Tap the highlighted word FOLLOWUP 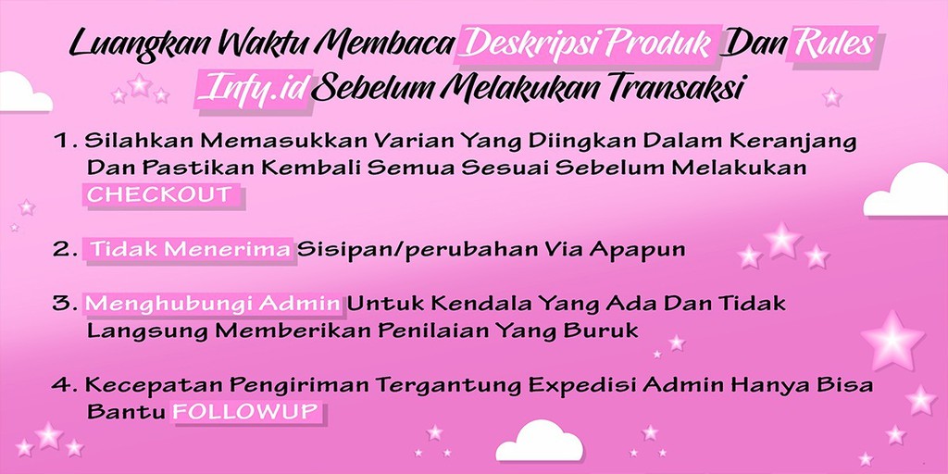247,411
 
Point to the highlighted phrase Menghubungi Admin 214,304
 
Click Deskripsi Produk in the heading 591,44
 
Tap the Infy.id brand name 253,89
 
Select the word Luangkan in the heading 126,44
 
